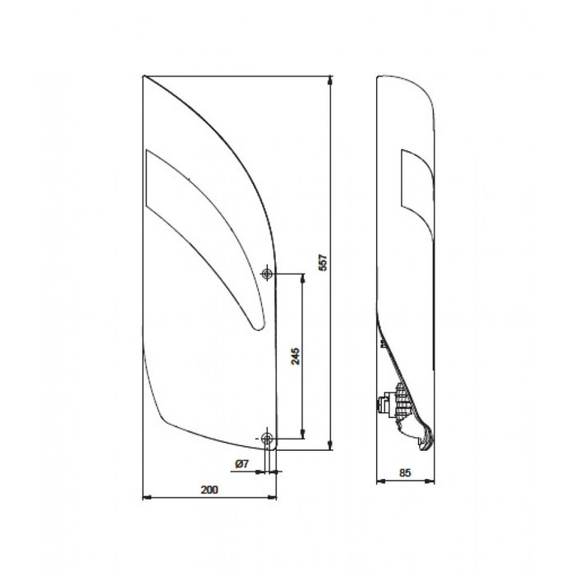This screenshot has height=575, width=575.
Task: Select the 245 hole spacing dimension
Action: point(295,355)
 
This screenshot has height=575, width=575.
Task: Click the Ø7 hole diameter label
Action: point(242,465)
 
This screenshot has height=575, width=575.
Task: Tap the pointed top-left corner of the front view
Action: point(145,76)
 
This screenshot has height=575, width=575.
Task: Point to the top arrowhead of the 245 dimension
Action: point(303,278)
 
